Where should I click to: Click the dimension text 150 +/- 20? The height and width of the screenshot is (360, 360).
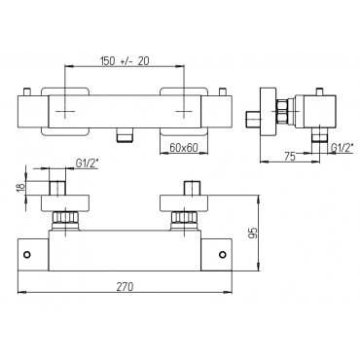[125, 61]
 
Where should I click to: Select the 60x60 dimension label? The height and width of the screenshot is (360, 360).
[184, 148]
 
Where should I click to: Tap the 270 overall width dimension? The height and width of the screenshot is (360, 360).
[125, 287]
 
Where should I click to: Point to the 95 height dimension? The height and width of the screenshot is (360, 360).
[254, 233]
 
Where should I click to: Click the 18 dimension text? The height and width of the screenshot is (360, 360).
[20, 188]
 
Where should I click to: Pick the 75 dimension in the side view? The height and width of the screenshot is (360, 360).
[290, 157]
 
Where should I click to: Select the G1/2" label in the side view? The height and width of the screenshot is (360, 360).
[342, 148]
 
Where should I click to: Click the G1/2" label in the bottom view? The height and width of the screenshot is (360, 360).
[88, 163]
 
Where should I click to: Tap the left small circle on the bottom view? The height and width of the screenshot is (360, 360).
[27, 254]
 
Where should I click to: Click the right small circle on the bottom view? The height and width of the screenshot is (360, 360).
[222, 254]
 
